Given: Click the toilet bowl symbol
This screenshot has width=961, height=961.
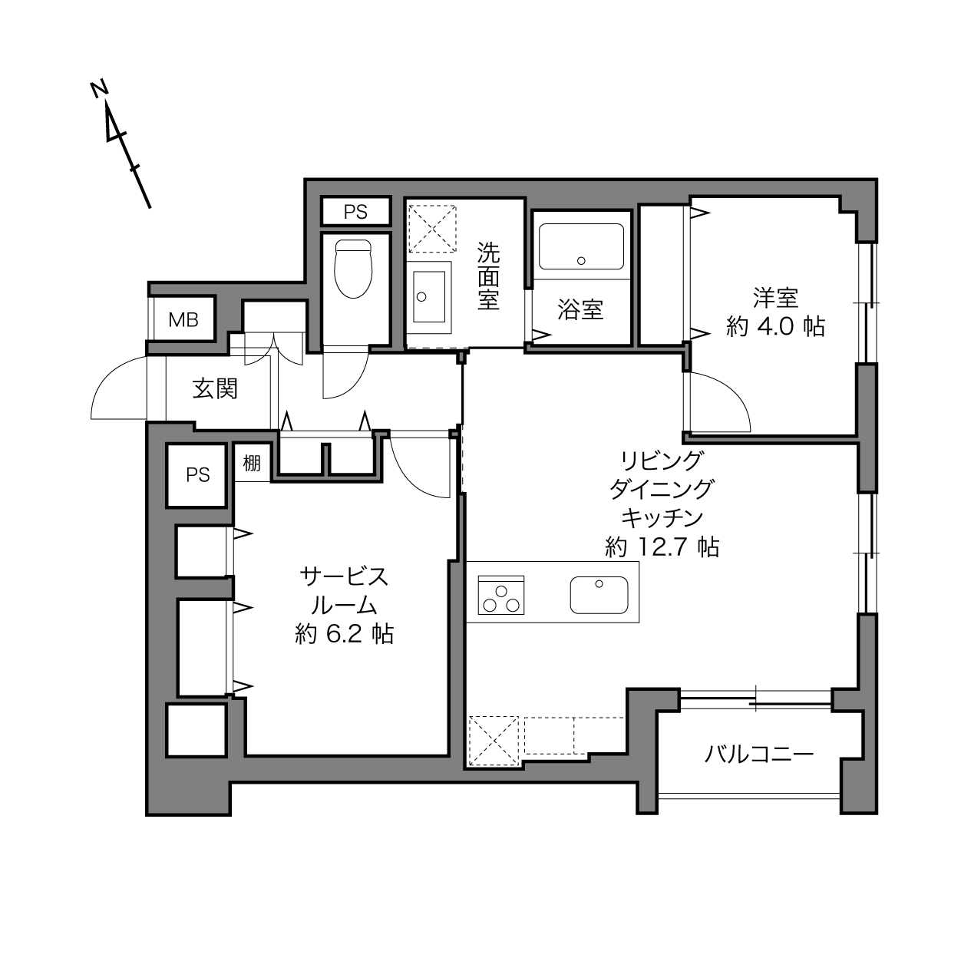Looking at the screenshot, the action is click(353, 269).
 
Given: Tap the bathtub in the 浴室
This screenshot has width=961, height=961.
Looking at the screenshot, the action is click(581, 246).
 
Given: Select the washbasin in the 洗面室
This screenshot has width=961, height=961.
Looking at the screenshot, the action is click(429, 297).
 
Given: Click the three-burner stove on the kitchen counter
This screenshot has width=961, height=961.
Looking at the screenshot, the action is click(500, 595).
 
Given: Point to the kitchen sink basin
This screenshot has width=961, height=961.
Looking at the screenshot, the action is click(599, 595).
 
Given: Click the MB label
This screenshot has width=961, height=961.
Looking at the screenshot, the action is click(183, 320).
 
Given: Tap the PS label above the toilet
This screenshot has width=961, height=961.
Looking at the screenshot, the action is click(355, 213).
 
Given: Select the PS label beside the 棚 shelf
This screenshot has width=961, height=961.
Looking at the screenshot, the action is click(198, 475).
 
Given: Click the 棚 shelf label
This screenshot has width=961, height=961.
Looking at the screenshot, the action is click(252, 464).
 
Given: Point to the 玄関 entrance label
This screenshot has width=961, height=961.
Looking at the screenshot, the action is click(215, 389).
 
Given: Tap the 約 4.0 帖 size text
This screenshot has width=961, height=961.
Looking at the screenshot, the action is click(775, 327).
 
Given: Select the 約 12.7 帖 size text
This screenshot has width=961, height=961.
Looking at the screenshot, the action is click(662, 547).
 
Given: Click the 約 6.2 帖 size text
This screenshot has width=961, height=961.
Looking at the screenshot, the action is click(345, 634).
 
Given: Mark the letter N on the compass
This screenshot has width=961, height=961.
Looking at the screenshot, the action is click(100, 88).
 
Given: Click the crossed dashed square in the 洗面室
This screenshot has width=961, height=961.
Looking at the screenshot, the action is click(432, 228).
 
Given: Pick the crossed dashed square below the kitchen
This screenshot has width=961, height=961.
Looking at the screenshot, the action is click(494, 741).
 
